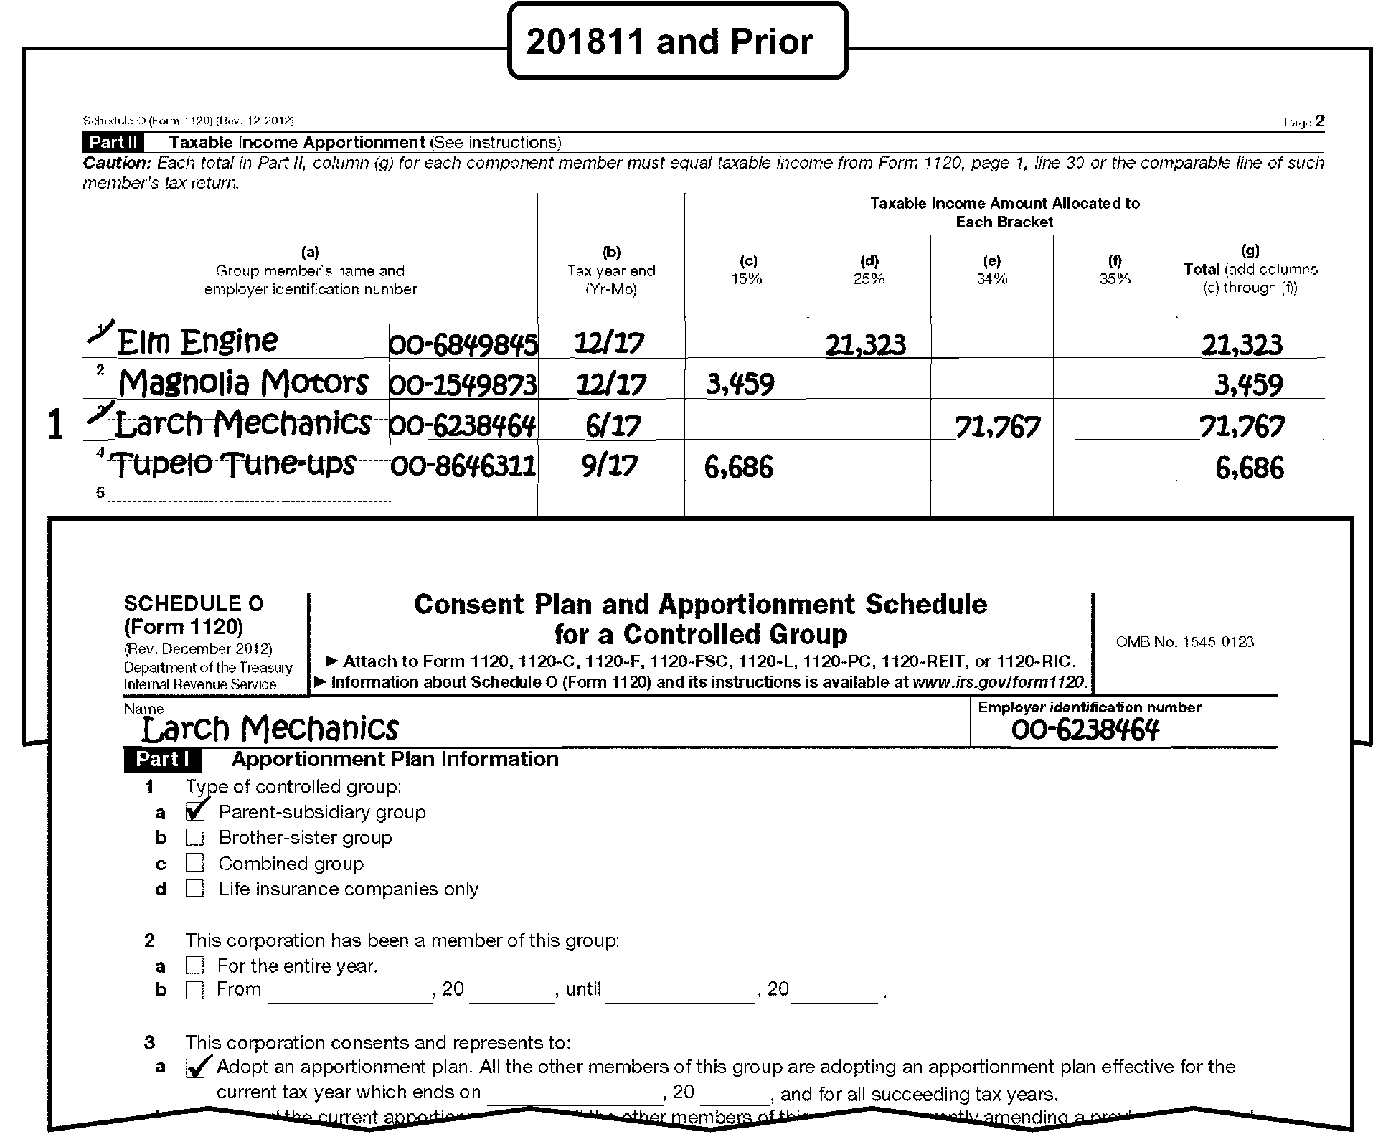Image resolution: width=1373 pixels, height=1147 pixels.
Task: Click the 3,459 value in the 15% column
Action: tap(740, 384)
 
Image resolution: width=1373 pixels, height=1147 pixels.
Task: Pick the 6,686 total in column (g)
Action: tap(1249, 468)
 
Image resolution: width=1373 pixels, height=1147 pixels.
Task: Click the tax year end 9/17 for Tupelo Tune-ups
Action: tap(609, 466)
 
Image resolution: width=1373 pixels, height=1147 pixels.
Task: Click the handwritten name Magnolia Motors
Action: tap(243, 383)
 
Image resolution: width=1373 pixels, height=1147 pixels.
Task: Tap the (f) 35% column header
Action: tap(1115, 270)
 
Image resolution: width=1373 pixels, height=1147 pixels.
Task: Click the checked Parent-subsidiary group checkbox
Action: tap(195, 811)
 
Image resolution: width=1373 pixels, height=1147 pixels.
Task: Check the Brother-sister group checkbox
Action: tap(195, 837)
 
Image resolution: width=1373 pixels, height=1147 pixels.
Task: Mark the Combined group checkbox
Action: tap(195, 862)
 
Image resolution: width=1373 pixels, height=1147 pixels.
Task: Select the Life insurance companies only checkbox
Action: tap(195, 888)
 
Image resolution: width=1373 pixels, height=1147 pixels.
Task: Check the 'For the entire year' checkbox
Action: tap(195, 965)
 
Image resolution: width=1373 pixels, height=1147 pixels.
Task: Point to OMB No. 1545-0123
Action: tap(1184, 642)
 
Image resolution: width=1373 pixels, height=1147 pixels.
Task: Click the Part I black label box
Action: tap(162, 759)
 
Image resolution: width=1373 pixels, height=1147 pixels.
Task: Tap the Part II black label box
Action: tap(113, 142)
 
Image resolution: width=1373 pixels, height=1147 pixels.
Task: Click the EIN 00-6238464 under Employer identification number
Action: tap(1085, 730)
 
